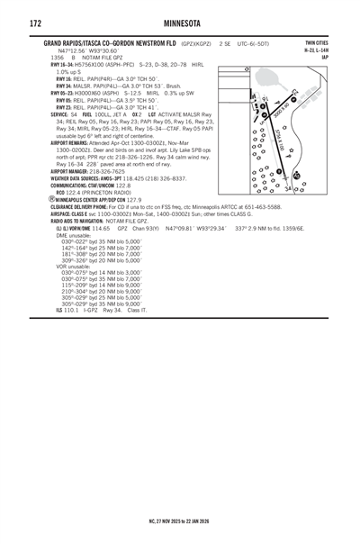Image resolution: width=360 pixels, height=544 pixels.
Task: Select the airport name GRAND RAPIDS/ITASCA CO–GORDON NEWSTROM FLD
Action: point(110,42)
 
